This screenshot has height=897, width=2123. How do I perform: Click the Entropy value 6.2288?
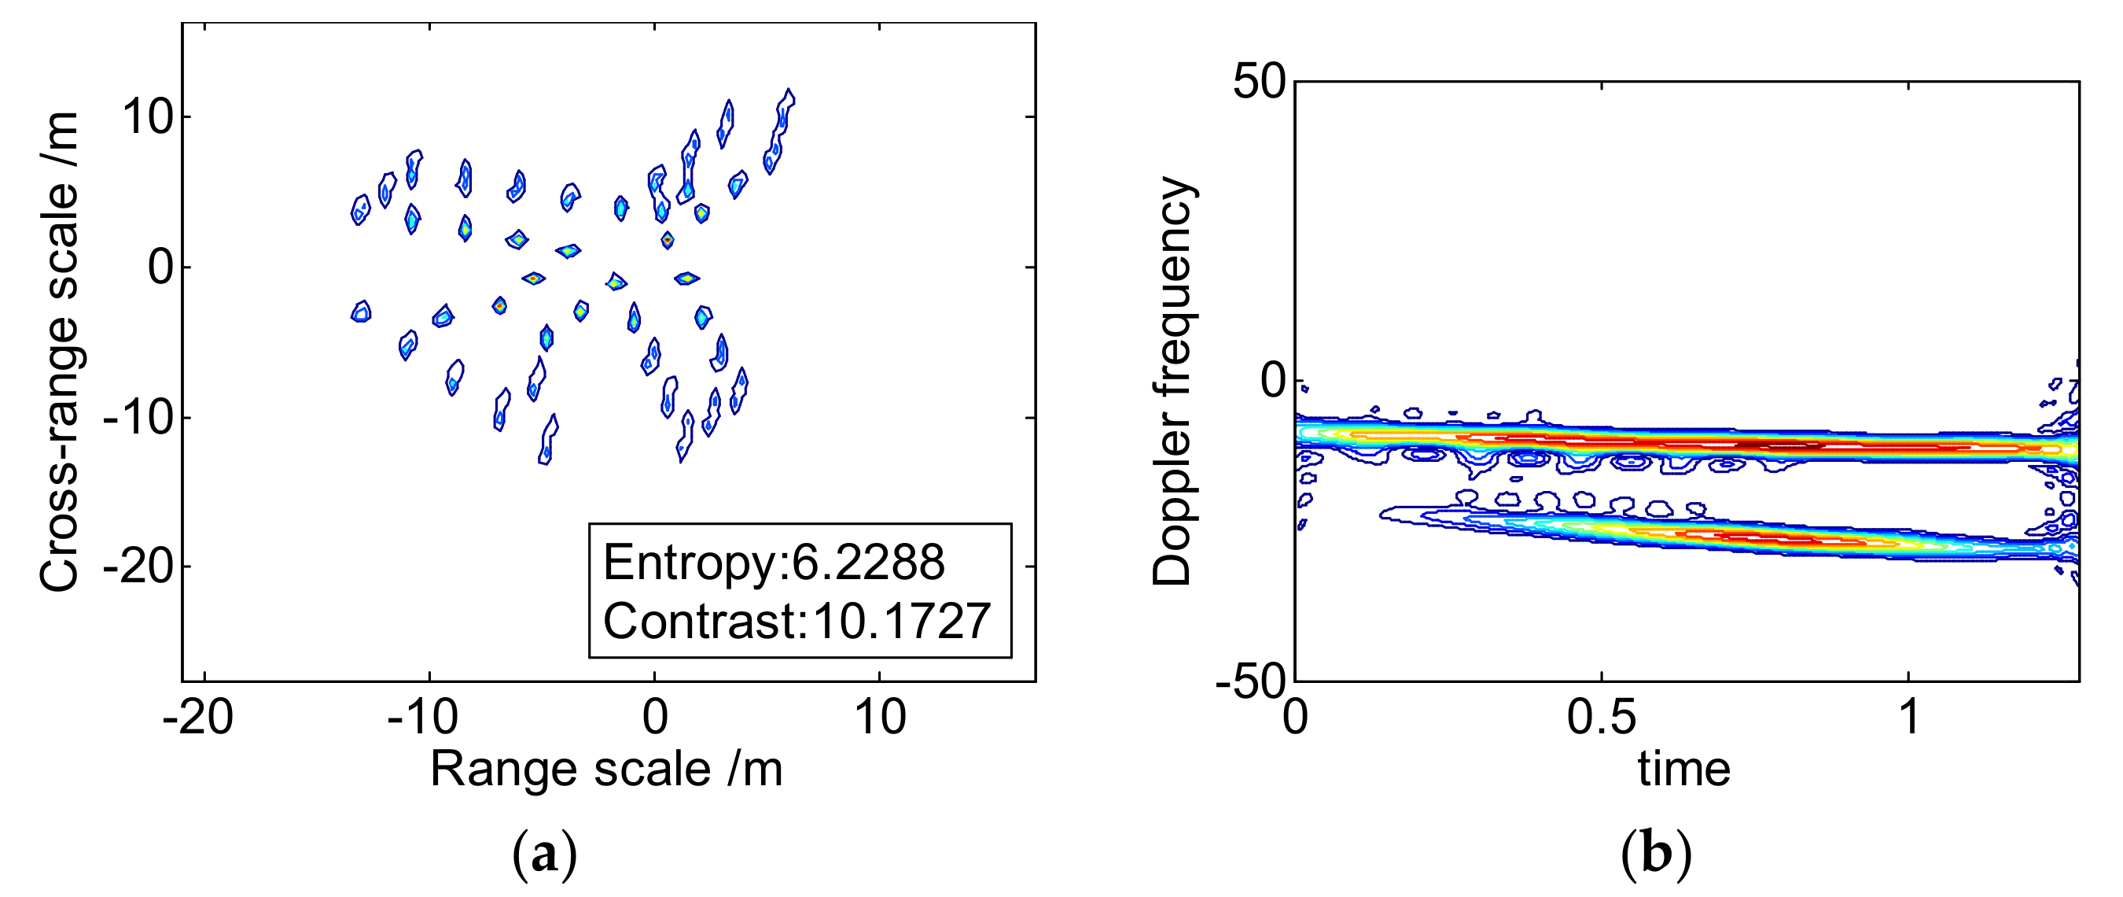pos(868,563)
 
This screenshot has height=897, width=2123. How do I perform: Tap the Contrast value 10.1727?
pos(901,622)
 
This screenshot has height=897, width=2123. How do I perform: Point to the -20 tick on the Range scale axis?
pos(198,718)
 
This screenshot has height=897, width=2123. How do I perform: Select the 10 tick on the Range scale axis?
pos(880,718)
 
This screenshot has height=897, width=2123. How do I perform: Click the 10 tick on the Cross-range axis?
pos(149,117)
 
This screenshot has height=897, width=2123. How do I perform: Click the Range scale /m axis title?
pos(605,770)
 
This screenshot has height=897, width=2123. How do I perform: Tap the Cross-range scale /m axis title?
pos(59,352)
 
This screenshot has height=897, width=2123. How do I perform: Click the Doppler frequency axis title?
pos(1171,381)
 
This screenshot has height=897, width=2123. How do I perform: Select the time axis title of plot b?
pos(1683,770)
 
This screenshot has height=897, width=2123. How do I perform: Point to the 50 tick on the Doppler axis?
pos(1260,83)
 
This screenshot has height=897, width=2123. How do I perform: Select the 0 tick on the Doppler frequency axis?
pos(1273,381)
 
